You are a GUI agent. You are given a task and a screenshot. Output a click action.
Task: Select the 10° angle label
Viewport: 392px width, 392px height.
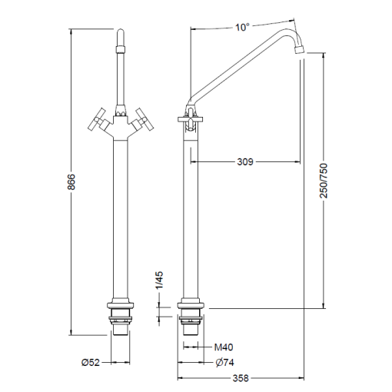click(243, 27)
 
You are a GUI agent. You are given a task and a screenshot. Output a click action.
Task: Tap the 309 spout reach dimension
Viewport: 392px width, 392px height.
click(244, 162)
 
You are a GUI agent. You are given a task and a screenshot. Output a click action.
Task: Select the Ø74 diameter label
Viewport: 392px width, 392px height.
click(224, 362)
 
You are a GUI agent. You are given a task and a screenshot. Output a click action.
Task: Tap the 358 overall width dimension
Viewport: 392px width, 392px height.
click(241, 379)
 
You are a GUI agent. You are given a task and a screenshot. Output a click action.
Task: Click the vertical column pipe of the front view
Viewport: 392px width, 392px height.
click(121, 215)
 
